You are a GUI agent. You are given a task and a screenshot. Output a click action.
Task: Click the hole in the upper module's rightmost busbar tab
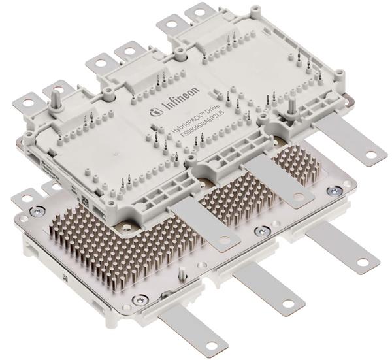click(x=371, y=155)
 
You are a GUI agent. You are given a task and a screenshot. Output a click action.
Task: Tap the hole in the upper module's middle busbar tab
click(x=298, y=196)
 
